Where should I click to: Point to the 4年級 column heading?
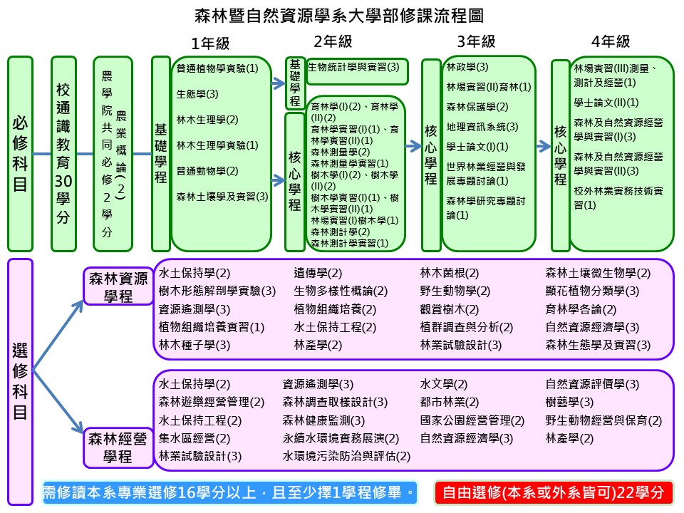pyautogui.click(x=611, y=42)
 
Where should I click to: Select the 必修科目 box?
pyautogui.click(x=20, y=153)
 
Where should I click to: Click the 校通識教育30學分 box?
pyautogui.click(x=63, y=153)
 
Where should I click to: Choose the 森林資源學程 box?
pyautogui.click(x=118, y=286)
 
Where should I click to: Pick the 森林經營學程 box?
pyautogui.click(x=118, y=447)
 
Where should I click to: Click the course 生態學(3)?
pyautogui.click(x=197, y=93)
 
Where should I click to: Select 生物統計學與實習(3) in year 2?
pyautogui.click(x=353, y=67)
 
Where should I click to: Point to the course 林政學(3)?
pyautogui.click(x=467, y=67)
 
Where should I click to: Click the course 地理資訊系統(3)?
pyautogui.click(x=482, y=127)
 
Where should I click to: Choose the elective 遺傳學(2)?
pyautogui.click(x=318, y=273)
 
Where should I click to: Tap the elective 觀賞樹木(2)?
pyautogui.click(x=450, y=309)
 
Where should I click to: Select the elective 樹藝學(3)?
pyautogui.click(x=569, y=402)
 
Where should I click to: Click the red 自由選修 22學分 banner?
pyautogui.click(x=554, y=492)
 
